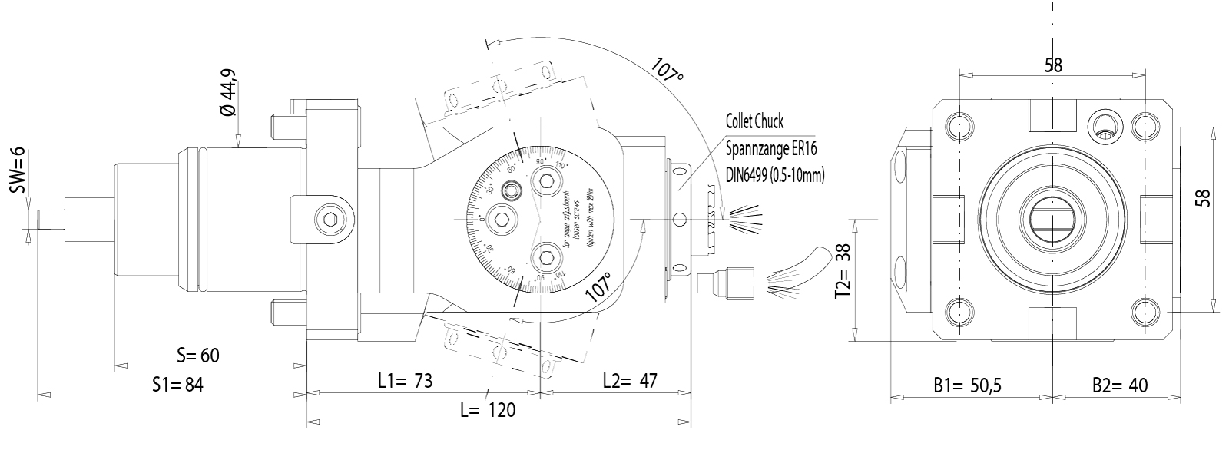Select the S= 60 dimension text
click(198, 355)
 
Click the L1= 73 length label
click(406, 381)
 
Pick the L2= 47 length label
click(630, 381)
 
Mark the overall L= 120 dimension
click(488, 409)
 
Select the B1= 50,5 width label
click(968, 385)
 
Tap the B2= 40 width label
click(1120, 385)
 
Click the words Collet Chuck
click(754, 121)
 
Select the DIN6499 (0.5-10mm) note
click(774, 175)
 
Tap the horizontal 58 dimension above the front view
click(1053, 65)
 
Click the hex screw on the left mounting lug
click(330, 220)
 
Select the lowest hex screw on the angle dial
click(546, 256)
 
